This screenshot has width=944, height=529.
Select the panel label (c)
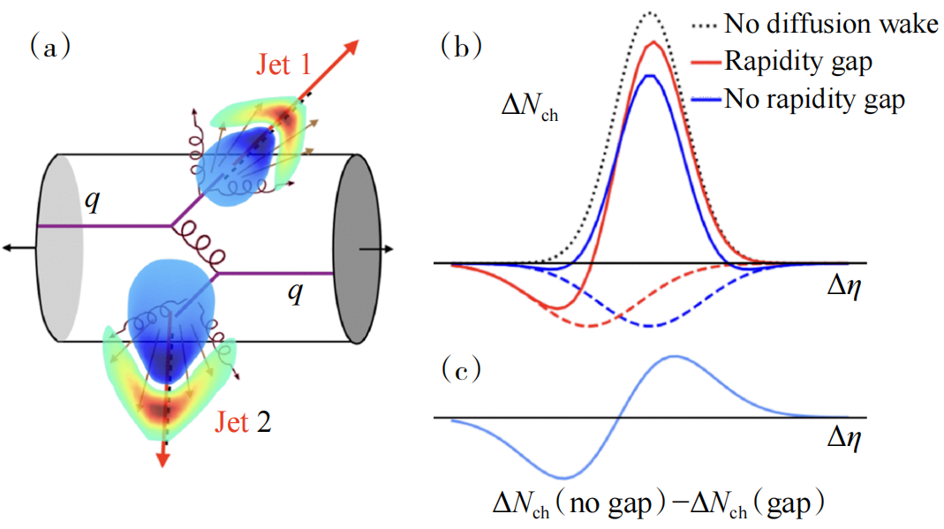460,370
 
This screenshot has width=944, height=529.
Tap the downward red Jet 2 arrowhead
162,457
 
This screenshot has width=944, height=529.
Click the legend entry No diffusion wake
830,24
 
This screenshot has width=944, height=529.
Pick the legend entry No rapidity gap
813,99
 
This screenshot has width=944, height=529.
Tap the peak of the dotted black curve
651,12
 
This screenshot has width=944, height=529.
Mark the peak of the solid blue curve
650,76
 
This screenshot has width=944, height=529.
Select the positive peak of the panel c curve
676,356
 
